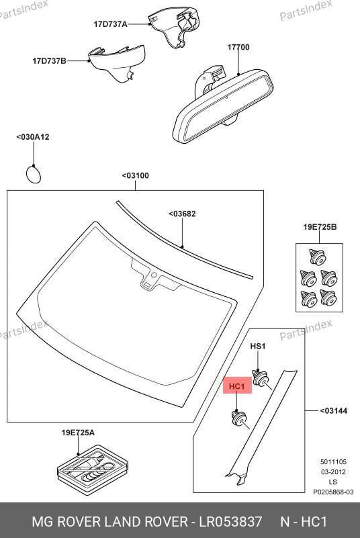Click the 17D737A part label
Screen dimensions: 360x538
point(110,24)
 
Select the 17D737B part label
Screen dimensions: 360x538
point(49,61)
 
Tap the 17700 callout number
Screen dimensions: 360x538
point(238,47)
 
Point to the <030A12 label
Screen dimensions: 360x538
point(33,137)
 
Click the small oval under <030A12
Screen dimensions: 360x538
point(34,175)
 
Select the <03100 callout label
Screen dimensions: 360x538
point(136,176)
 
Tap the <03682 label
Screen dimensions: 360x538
point(182,214)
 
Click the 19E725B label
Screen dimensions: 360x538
point(320,227)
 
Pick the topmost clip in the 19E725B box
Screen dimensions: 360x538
point(318,257)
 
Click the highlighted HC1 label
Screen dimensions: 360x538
point(237,386)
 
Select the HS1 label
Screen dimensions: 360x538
point(258,346)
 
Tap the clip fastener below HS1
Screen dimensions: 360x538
point(261,378)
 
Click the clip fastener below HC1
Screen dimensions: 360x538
point(238,418)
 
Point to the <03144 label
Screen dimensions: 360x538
point(334,410)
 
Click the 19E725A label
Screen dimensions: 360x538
point(78,433)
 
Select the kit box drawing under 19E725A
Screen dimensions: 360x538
point(93,469)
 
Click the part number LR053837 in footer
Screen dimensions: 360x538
point(231,521)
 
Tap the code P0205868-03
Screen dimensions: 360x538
point(333,492)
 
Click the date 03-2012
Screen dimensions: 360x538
point(333,472)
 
